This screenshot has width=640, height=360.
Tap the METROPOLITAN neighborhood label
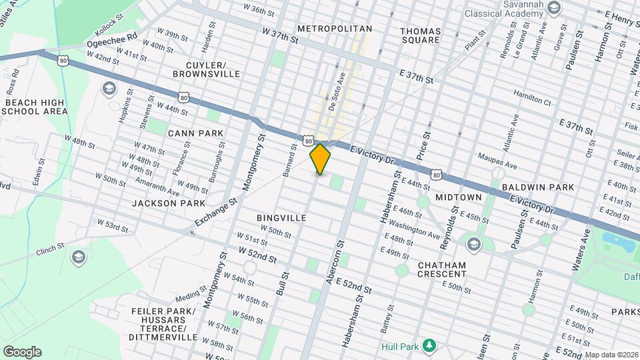[x=334, y=29]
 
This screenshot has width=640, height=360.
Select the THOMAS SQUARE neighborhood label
[x=420, y=35]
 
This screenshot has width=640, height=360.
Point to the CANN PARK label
[x=195, y=133]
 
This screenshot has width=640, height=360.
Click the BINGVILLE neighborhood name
[x=281, y=218]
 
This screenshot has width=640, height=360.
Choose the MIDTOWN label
[x=458, y=198]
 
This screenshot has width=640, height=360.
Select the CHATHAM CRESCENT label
[x=441, y=269]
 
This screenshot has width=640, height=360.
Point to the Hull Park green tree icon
[x=430, y=345]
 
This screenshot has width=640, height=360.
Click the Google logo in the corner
[x=22, y=352]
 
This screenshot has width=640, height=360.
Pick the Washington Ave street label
[x=414, y=229]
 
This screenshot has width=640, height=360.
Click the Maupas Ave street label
[x=497, y=160]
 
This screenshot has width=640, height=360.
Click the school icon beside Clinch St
[x=79, y=257]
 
